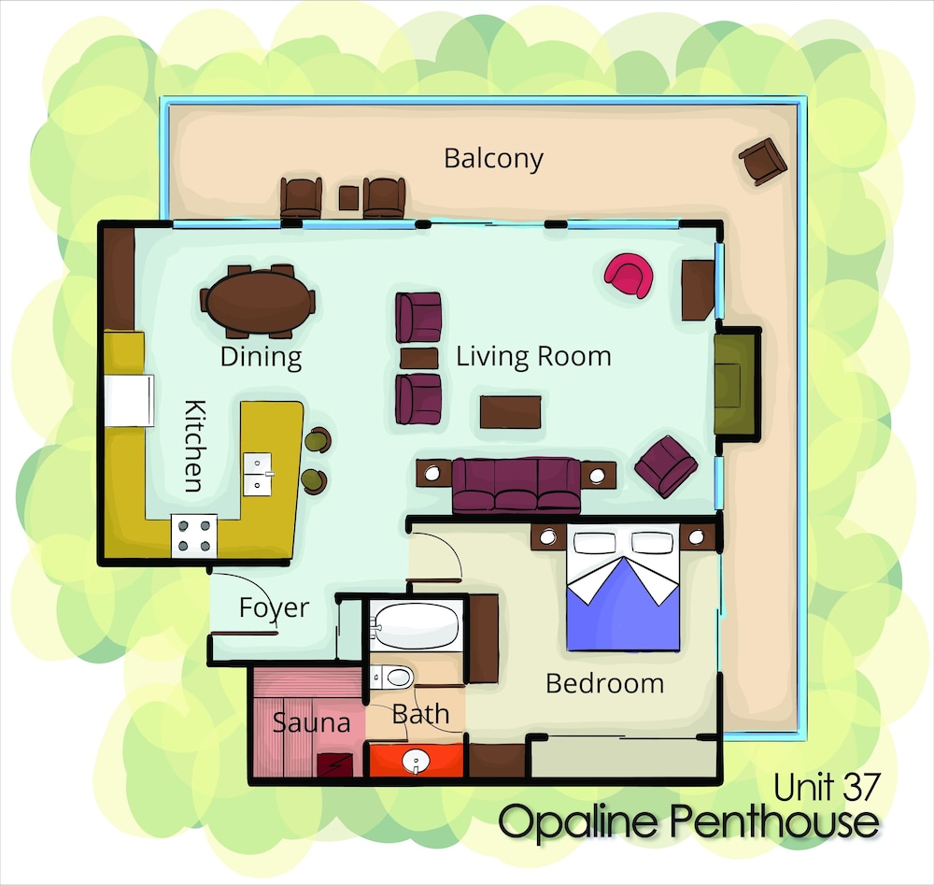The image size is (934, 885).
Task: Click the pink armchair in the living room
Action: click(x=629, y=275)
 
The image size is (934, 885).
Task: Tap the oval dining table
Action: click(x=261, y=301)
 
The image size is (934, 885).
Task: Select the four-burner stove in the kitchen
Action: click(x=194, y=535)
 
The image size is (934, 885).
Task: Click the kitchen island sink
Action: click(x=258, y=475)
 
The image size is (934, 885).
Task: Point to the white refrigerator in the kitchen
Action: click(x=129, y=400)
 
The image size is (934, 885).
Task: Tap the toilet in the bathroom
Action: click(x=392, y=678)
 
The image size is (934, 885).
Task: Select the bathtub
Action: click(x=417, y=625)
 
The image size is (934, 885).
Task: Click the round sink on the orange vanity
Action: click(x=416, y=761)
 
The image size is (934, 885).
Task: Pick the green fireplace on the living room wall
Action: click(x=736, y=384)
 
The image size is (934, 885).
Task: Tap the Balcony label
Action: click(x=494, y=159)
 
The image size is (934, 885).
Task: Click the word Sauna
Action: click(x=311, y=723)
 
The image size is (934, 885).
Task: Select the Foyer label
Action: click(x=274, y=608)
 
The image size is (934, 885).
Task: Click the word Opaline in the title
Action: click(x=577, y=822)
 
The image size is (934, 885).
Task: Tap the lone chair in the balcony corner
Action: click(x=763, y=161)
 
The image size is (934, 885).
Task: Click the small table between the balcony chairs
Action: click(x=348, y=198)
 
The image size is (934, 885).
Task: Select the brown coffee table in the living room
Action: click(x=511, y=412)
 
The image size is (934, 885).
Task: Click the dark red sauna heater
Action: click(x=334, y=764)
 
